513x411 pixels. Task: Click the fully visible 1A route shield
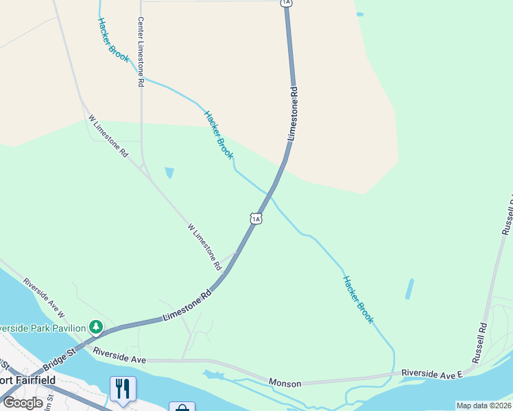coord(256,219)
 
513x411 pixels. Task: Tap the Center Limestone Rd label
coord(141,52)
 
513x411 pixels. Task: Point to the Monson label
coord(285,384)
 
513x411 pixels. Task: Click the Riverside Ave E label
coord(433,372)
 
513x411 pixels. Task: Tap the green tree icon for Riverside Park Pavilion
coord(96,327)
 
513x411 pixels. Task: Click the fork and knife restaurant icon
coord(123,388)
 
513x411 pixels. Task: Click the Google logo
coord(23,403)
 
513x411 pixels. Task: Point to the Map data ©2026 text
coord(484,406)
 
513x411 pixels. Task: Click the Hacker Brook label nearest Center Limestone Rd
coord(113,40)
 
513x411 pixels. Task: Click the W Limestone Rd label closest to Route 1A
coord(204,245)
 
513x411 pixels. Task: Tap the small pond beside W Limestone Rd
coord(169,173)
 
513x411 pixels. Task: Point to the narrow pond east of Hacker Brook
coord(409,288)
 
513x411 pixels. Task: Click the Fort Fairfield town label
coord(27,381)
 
